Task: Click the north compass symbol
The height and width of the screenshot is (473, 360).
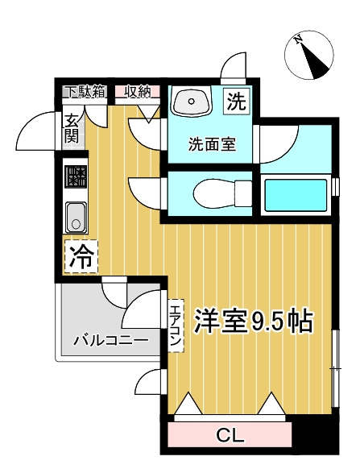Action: coord(309,56)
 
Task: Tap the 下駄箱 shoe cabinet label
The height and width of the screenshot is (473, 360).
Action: coord(85,91)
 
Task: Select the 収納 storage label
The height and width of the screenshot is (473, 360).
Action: coord(138,91)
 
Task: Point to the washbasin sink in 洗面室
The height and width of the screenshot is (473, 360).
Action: coord(192,101)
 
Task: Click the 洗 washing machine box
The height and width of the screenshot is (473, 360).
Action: coord(237,102)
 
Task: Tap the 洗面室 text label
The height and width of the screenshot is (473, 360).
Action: coord(213,144)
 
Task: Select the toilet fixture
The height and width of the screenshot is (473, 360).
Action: coord(223,194)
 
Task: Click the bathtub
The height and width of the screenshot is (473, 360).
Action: coord(296,196)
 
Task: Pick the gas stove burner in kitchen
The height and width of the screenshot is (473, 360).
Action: coord(76,176)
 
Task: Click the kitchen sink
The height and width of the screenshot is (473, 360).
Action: coord(76,218)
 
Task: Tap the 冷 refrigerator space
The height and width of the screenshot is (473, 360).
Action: coord(81,257)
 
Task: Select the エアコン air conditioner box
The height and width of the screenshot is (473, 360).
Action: coord(176,326)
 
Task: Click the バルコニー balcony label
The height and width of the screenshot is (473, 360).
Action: coord(111,341)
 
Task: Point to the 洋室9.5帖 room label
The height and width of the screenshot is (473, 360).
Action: coord(253,321)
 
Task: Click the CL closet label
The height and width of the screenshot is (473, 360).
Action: coord(230,434)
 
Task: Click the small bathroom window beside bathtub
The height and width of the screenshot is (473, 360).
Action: coord(335,187)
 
